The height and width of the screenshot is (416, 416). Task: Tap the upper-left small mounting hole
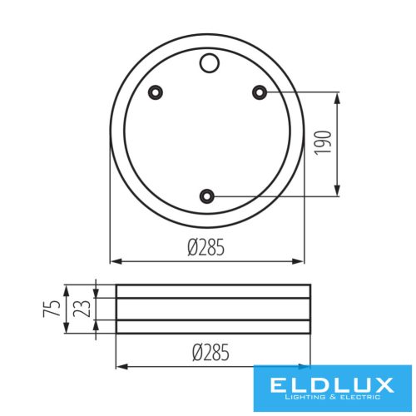point(154,92)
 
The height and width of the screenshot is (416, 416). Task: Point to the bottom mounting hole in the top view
point(207,196)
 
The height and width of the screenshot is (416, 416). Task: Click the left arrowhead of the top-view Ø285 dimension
point(115,260)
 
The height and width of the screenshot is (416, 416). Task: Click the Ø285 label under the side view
point(212,354)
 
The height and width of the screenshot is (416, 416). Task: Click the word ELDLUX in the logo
point(333,385)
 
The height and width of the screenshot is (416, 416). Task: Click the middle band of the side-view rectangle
point(214,309)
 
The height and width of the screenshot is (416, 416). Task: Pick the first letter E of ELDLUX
point(278,385)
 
